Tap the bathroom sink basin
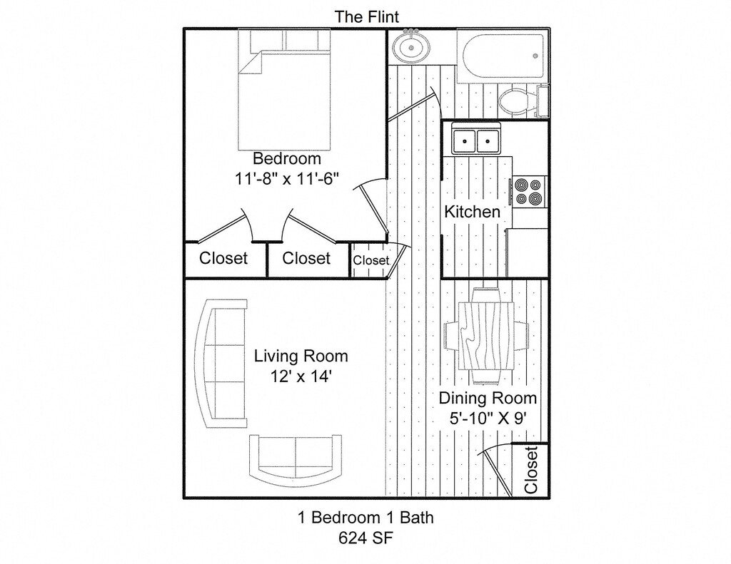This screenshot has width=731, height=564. (412, 48)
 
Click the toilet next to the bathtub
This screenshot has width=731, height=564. (515, 101)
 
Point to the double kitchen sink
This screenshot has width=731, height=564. (477, 140)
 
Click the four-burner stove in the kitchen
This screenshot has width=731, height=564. (529, 191)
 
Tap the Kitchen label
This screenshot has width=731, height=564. (472, 212)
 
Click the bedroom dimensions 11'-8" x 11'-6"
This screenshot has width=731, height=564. (286, 179)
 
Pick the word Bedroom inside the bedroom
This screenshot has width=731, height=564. (286, 158)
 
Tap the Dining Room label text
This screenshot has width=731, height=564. (488, 398)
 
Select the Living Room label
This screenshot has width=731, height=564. (301, 356)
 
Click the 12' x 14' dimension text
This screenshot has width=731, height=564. (301, 376)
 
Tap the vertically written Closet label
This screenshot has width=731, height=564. (530, 470)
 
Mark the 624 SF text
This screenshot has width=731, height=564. (365, 536)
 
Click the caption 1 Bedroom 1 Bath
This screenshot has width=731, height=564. (365, 518)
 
